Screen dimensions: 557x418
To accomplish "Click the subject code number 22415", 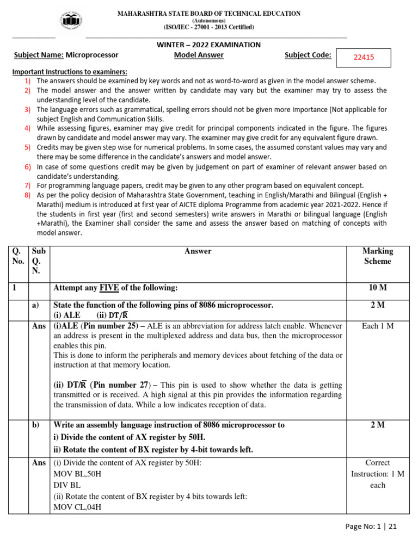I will (x=364, y=57).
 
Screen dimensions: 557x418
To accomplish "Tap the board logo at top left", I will (x=71, y=21).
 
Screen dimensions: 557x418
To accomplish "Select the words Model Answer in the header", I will (x=199, y=55).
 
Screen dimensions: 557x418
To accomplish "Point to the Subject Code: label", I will (x=308, y=55).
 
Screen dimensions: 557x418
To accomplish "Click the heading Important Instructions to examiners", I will (x=70, y=72).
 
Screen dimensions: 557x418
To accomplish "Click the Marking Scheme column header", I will (x=377, y=256).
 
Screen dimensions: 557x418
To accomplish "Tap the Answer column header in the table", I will (x=198, y=251).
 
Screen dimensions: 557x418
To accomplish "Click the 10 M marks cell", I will (x=377, y=287).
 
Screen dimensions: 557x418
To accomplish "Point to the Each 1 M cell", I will (x=377, y=326).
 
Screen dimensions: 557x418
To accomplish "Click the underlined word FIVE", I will (x=111, y=287).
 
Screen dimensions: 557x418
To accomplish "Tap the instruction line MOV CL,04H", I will (x=77, y=508).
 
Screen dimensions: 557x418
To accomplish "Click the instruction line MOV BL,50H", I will (x=77, y=474).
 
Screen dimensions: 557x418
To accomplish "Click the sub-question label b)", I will (x=36, y=425).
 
